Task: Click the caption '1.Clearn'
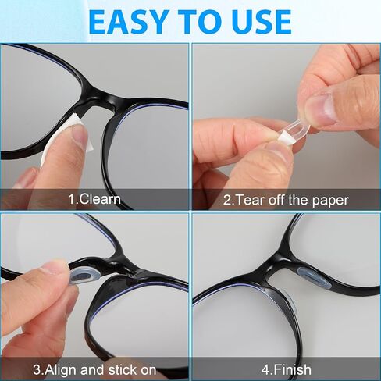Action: [94, 199]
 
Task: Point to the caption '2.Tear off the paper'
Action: [286, 201]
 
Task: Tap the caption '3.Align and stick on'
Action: [94, 370]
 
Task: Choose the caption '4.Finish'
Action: [287, 369]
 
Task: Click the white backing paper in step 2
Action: [287, 137]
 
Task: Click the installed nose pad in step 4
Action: [315, 277]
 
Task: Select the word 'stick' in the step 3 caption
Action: [123, 370]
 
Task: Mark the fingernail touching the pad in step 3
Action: [56, 268]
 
